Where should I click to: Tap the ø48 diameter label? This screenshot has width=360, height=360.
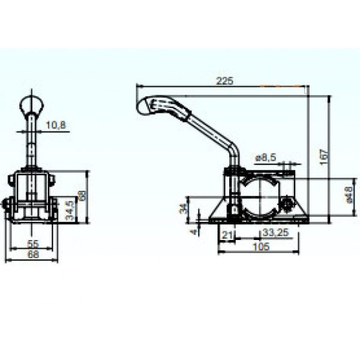pos(349,194)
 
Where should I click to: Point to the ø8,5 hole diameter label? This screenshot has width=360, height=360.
pos(265,157)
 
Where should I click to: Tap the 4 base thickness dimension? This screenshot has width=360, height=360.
pos(194,230)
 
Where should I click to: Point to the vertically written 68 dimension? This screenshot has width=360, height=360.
pos(82,195)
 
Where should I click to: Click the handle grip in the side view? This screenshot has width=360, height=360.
pos(162,107)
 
